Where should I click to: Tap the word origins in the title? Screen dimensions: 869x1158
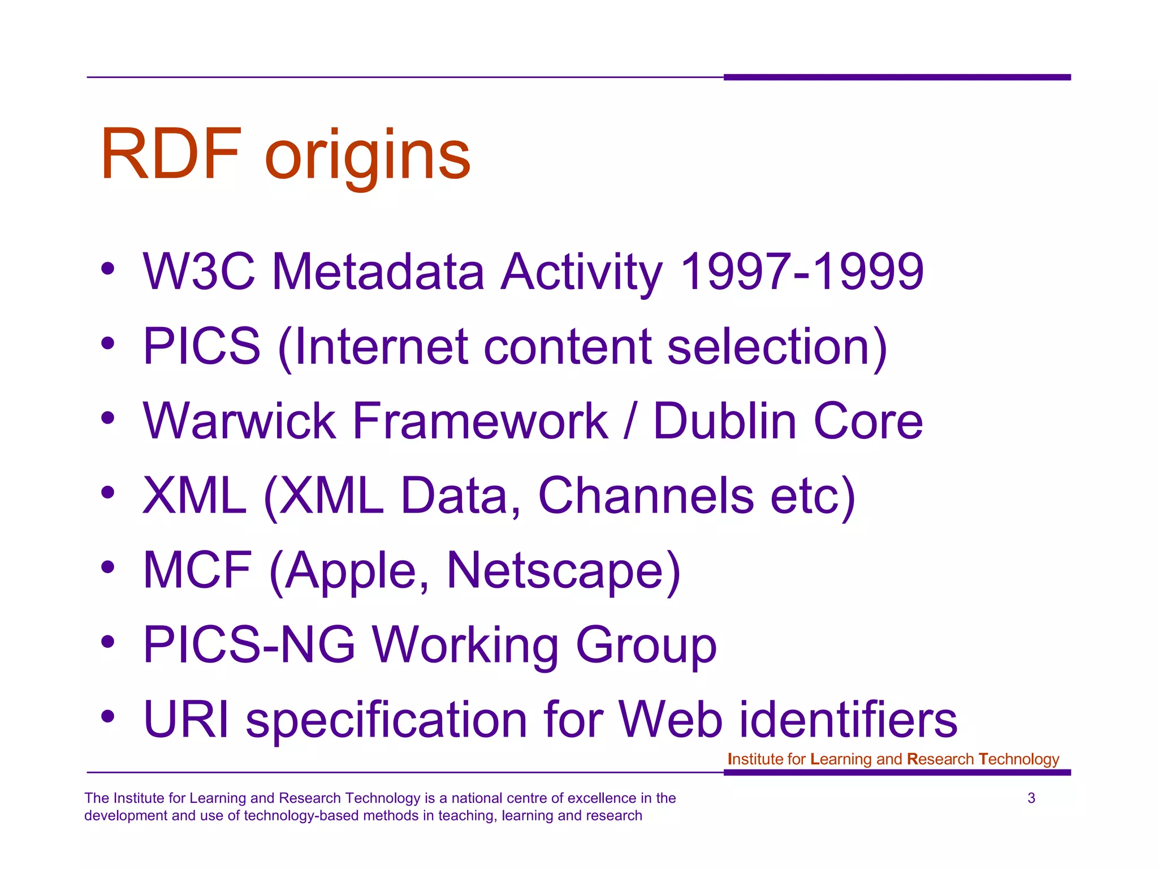pos(368,156)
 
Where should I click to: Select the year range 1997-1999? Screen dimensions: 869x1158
pos(802,272)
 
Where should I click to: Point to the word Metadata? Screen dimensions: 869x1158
pos(378,272)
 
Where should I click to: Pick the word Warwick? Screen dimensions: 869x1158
pos(240,421)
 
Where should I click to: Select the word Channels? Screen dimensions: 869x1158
pos(646,496)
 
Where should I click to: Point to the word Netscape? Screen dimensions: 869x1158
pos(563,570)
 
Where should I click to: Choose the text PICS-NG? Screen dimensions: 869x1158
pos(249,644)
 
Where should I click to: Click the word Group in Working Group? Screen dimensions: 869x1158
pos(646,646)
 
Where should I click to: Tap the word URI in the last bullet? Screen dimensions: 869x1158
pos(186,719)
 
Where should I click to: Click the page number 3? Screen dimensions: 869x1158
pos(1031,798)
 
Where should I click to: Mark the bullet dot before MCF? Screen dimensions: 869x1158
pos(108,567)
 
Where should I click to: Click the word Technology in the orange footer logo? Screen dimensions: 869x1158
pos(1018,759)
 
